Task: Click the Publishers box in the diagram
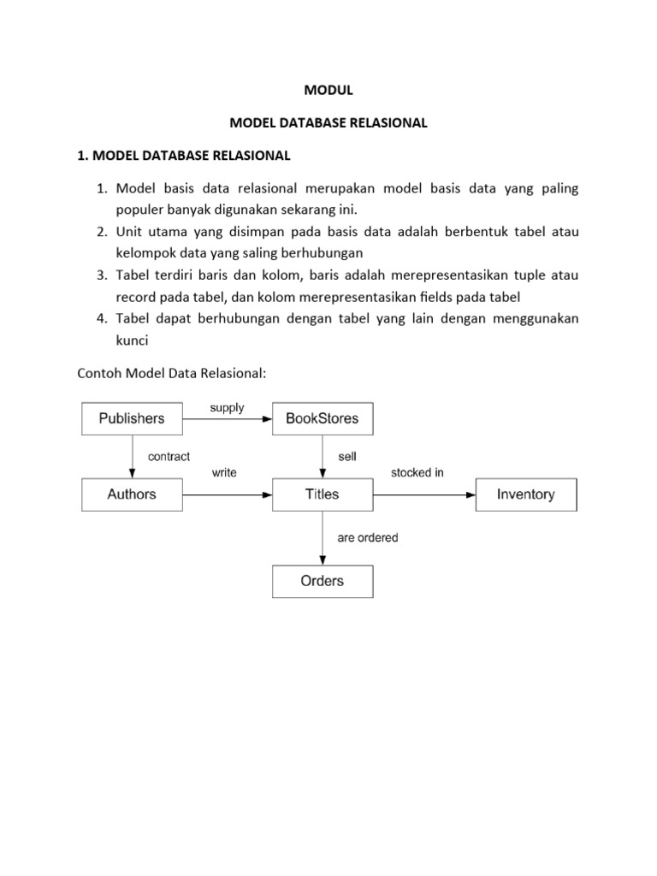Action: click(x=131, y=418)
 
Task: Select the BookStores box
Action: click(x=323, y=418)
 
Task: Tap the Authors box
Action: click(x=131, y=494)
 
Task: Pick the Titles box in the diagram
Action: click(x=323, y=494)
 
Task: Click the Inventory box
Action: click(x=526, y=494)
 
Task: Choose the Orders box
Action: click(x=323, y=581)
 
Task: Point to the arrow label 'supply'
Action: click(x=227, y=408)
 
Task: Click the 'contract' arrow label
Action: click(x=169, y=457)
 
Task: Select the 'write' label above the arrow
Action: click(x=224, y=472)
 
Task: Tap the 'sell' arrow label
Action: click(x=346, y=457)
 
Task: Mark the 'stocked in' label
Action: click(x=417, y=472)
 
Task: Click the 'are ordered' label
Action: click(x=368, y=538)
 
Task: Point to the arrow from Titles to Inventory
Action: click(x=424, y=494)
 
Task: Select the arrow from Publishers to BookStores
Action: click(x=227, y=419)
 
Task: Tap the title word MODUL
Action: click(x=328, y=91)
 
